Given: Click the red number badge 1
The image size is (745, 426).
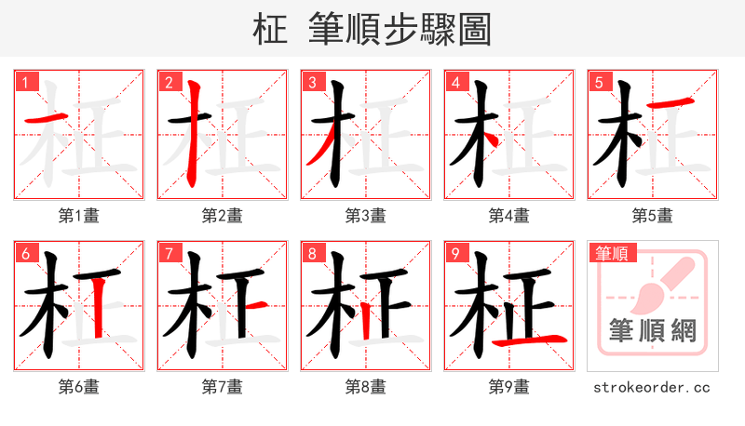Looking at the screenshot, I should [25, 82].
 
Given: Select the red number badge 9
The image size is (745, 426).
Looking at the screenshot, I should [455, 253].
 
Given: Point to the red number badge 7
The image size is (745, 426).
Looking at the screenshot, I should [169, 253].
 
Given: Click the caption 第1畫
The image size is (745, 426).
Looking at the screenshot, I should [78, 216].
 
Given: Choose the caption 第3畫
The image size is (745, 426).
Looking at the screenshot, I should [365, 216].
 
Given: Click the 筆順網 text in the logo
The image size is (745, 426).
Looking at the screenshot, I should [652, 330].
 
